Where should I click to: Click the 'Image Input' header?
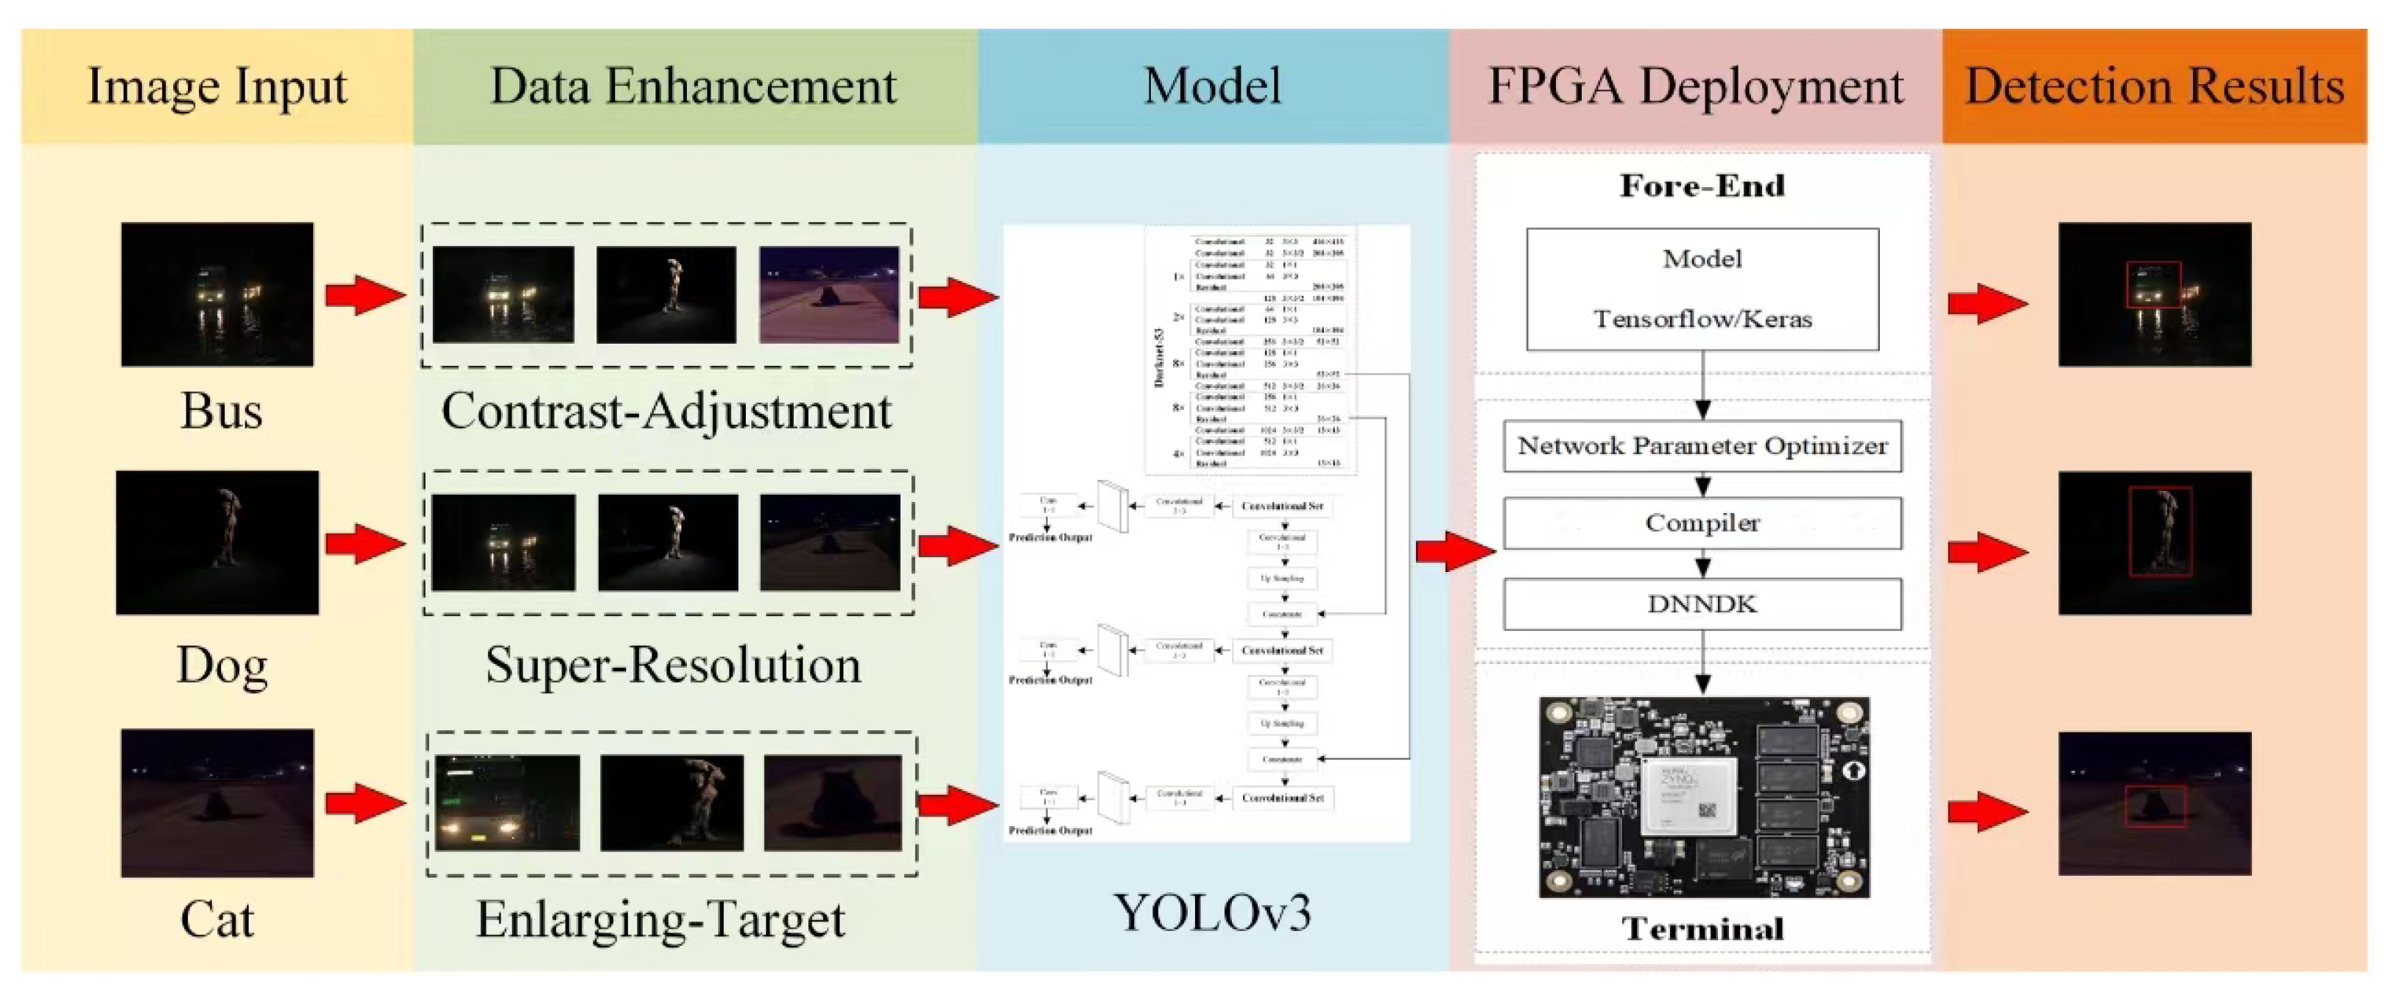[x=216, y=86]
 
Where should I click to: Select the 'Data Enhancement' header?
[x=694, y=86]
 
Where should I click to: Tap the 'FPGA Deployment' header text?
[x=1695, y=86]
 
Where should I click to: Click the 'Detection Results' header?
[x=2155, y=86]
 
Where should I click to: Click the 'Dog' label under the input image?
[x=222, y=665]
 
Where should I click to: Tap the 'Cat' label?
[x=217, y=919]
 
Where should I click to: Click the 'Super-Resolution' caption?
[x=673, y=665]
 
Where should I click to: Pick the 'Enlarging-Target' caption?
[x=660, y=919]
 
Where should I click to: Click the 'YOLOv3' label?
[x=1212, y=912]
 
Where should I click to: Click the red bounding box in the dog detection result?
[x=2160, y=531]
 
